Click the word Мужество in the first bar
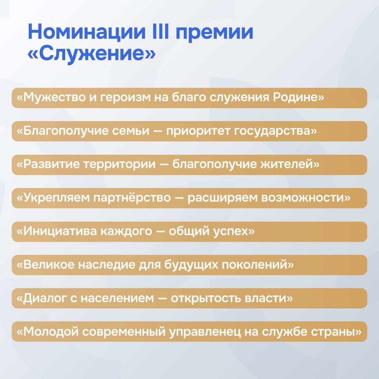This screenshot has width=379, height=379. (51, 98)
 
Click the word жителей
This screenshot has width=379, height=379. (290, 164)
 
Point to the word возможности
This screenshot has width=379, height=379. (306, 198)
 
